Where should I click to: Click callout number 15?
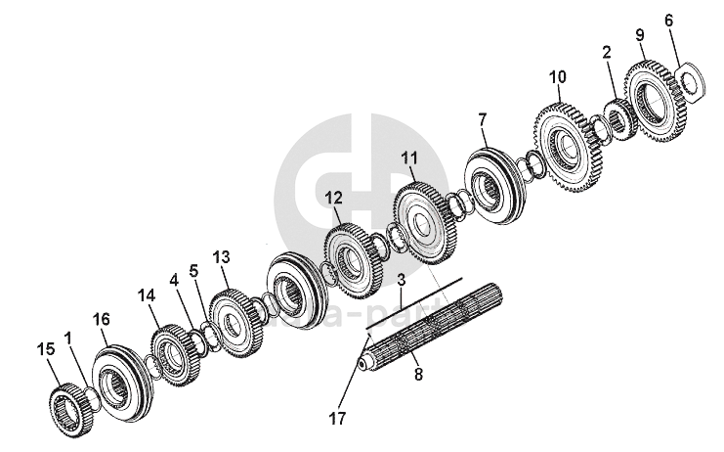(x=44, y=348)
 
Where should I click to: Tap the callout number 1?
(x=68, y=338)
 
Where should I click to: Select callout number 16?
(x=101, y=319)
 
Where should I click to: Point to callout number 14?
(x=147, y=294)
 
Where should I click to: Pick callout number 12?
(x=333, y=197)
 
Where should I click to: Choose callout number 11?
(x=408, y=156)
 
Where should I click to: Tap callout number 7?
(x=482, y=118)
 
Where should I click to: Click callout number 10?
(x=557, y=76)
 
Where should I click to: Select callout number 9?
(x=640, y=35)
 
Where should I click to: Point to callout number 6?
(x=668, y=19)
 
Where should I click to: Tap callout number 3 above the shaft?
(x=400, y=280)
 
